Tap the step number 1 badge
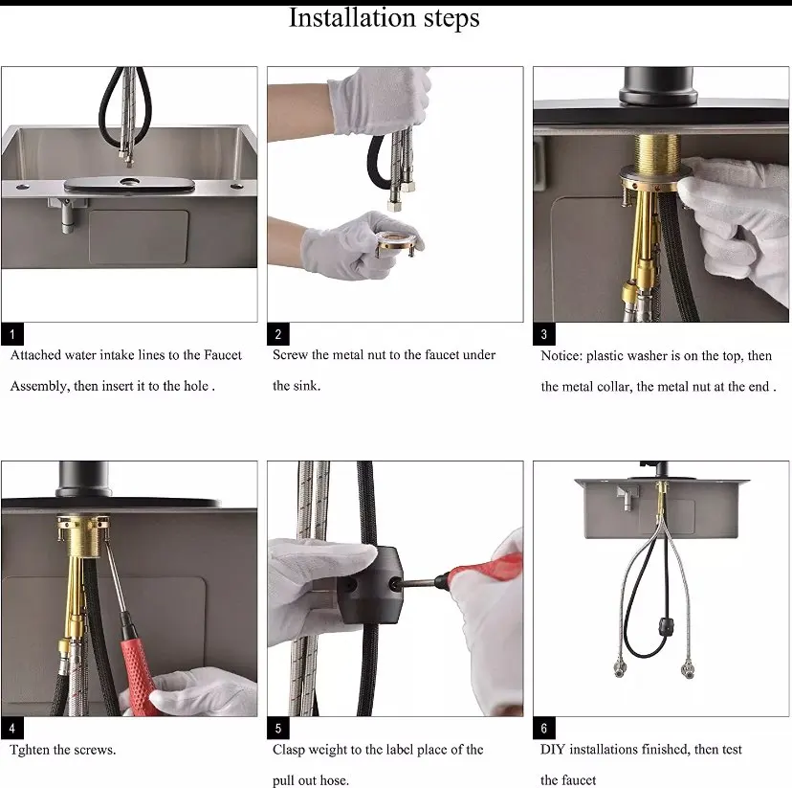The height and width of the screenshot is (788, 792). coord(12,333)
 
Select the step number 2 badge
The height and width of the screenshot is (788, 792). coord(277,333)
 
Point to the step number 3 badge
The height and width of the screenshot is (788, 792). coord(544,333)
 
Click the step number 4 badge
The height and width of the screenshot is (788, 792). coord(12,728)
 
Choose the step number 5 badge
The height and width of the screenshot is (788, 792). coord(277,728)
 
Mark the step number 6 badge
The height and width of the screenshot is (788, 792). coord(544,728)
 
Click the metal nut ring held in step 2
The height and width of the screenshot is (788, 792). coord(398,242)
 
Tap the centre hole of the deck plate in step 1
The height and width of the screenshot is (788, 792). coord(130,180)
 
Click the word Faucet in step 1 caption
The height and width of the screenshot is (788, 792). coord(223,355)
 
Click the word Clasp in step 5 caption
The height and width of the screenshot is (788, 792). coord(287,750)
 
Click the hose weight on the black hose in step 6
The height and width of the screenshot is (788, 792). coord(668,625)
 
